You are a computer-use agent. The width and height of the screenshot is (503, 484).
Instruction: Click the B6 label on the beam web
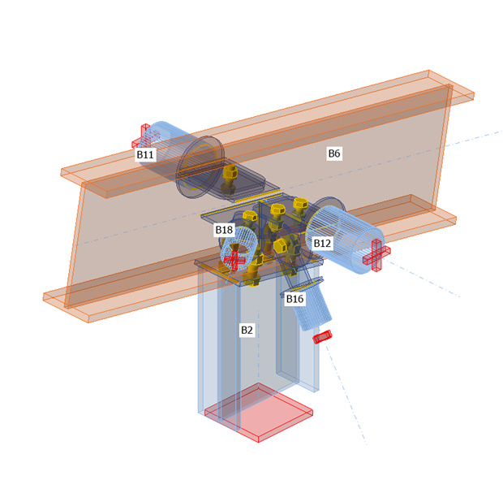click(x=334, y=153)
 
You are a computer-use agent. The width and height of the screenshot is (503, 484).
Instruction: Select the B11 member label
click(x=145, y=154)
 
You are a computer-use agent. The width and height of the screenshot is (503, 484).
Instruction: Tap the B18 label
click(x=224, y=230)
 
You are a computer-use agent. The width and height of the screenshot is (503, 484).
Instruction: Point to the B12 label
click(x=322, y=243)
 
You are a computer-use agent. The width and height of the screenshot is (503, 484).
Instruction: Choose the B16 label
click(x=294, y=299)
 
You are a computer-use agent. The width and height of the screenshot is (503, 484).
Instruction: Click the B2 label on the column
click(x=247, y=330)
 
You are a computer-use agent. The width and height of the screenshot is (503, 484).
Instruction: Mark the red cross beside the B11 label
click(x=144, y=136)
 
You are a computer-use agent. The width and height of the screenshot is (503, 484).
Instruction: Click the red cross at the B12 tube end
click(x=376, y=255)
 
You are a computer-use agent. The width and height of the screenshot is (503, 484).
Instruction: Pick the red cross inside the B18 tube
click(x=234, y=258)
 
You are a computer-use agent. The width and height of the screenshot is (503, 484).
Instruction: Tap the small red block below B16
click(x=322, y=336)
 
